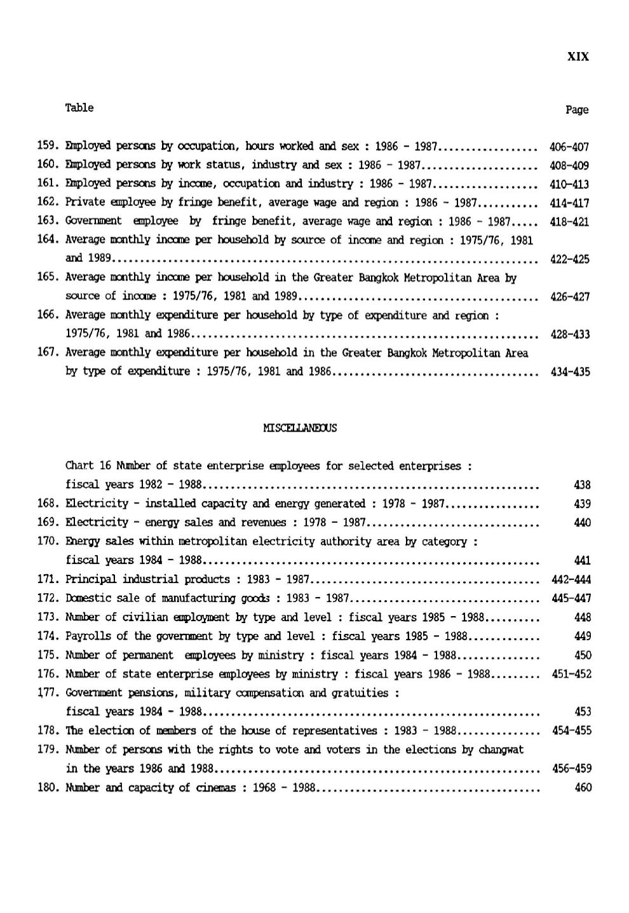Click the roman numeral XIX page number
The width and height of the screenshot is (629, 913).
(577, 57)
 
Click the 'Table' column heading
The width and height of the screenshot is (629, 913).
(79, 108)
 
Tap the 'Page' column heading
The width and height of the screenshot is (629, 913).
(577, 110)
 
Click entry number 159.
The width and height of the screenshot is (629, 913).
(48, 146)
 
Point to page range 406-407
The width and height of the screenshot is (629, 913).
(569, 147)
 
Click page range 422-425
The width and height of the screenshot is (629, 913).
(569, 259)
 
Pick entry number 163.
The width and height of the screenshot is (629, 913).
(48, 221)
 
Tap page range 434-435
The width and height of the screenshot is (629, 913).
(569, 372)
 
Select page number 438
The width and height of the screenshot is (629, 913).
(582, 485)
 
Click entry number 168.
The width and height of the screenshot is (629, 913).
(48, 504)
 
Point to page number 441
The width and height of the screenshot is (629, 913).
(582, 561)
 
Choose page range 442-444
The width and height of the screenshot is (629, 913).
(570, 580)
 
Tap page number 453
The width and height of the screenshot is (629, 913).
(582, 712)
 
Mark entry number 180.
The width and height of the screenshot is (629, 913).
(48, 788)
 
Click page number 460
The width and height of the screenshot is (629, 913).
(582, 788)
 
